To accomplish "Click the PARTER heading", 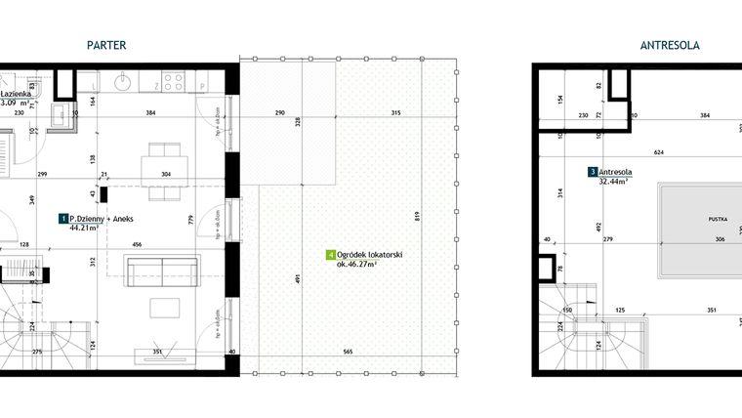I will (x=106, y=45).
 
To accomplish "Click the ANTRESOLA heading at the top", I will (x=670, y=45).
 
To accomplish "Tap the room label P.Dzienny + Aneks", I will (x=102, y=220).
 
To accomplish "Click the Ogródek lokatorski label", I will (x=370, y=255).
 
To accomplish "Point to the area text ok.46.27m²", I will (x=357, y=264).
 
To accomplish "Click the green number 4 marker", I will (x=330, y=255).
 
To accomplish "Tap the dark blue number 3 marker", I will (x=593, y=172).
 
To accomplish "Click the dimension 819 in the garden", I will (x=418, y=217).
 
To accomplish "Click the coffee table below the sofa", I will (x=163, y=308).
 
